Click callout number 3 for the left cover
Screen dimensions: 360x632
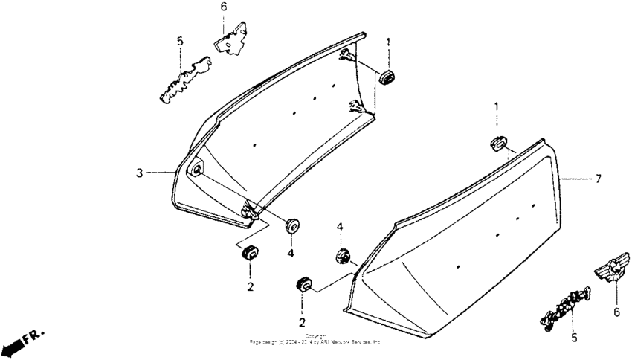(x=139, y=173)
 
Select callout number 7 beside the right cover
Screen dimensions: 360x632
(x=599, y=179)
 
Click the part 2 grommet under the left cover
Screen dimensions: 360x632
(x=250, y=253)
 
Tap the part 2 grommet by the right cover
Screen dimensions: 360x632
(x=303, y=285)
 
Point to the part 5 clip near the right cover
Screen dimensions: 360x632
(x=567, y=306)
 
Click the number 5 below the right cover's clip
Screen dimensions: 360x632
(x=573, y=338)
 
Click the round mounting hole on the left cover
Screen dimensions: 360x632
(x=196, y=170)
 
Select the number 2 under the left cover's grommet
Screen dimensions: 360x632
(x=250, y=286)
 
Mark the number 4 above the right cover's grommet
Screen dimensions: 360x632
(x=339, y=226)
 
